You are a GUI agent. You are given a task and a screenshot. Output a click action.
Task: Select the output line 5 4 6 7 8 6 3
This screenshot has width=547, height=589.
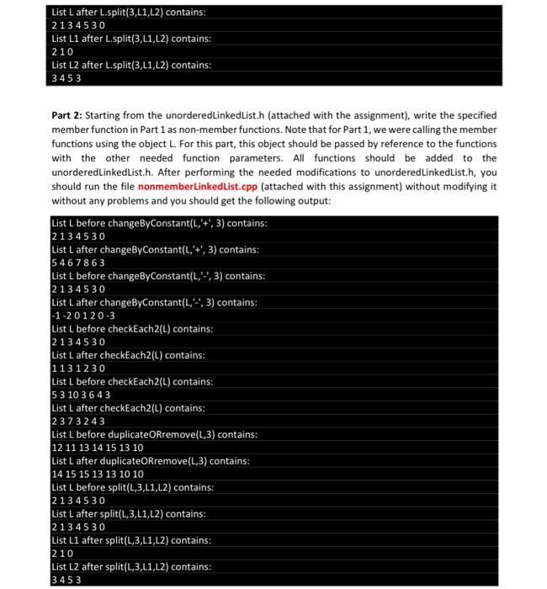(78, 263)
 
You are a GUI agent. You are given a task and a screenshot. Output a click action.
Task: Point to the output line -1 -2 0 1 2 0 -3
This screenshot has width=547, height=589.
(83, 316)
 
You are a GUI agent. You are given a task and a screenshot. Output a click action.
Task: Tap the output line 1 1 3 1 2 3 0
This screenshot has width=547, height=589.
(78, 369)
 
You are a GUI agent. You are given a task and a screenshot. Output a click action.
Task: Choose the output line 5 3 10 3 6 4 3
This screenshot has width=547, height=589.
(82, 395)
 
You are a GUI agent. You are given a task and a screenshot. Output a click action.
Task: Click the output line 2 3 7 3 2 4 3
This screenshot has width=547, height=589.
(78, 422)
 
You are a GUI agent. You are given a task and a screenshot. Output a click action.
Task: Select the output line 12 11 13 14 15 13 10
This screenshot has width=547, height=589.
(98, 448)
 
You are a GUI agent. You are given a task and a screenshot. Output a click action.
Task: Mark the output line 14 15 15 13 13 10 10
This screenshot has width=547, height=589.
(98, 475)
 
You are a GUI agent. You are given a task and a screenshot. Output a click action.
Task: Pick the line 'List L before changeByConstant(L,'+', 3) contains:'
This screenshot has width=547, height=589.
(159, 223)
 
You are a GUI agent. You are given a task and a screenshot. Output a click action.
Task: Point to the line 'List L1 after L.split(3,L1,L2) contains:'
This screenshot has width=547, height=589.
(131, 39)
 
